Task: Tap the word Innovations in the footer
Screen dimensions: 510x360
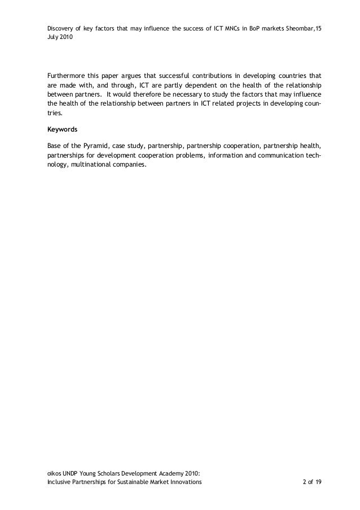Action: point(183,483)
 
